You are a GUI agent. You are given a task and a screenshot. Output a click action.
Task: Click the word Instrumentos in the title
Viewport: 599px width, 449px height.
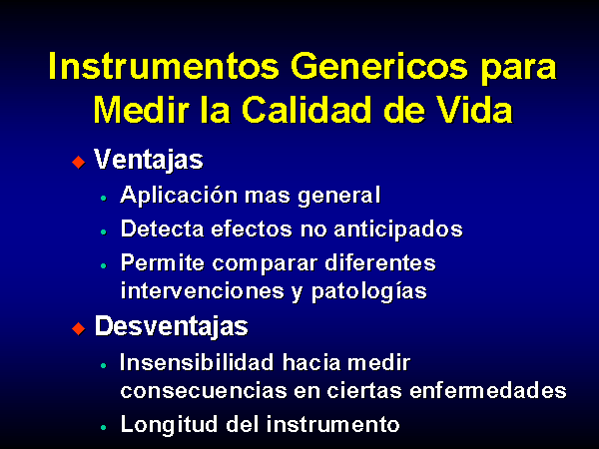(x=165, y=66)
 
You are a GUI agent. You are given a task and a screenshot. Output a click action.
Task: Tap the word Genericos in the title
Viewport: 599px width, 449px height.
(x=379, y=66)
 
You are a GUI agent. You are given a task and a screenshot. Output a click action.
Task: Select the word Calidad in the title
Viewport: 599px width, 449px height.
(x=306, y=109)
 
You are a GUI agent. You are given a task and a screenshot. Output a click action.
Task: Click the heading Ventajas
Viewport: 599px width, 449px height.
(x=149, y=160)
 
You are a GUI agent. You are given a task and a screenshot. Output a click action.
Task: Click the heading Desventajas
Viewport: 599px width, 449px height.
(x=171, y=326)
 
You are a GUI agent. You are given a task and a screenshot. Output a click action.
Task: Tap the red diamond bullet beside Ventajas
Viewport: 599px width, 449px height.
(x=78, y=162)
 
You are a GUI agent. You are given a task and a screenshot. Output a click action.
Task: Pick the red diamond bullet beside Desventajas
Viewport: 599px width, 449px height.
(x=78, y=328)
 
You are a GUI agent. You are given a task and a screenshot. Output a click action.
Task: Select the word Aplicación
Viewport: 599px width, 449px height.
(x=179, y=196)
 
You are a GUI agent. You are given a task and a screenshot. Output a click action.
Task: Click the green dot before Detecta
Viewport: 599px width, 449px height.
(x=103, y=231)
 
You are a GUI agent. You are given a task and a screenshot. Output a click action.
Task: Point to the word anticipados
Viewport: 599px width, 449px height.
(x=398, y=229)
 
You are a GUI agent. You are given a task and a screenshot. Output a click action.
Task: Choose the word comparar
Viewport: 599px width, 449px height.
(x=265, y=263)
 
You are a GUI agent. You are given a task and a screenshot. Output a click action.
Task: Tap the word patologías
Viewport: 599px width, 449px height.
(x=369, y=291)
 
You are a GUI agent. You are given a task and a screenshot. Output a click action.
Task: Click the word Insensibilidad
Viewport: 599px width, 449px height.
(x=197, y=362)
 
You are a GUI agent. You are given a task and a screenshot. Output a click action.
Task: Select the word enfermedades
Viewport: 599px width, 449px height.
(x=488, y=390)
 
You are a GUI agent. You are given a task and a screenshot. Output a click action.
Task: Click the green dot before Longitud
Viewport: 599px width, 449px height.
(x=103, y=427)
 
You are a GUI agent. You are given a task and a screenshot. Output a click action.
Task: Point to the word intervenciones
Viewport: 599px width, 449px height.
(x=203, y=291)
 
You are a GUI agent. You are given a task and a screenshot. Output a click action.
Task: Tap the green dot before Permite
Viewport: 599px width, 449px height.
(x=103, y=265)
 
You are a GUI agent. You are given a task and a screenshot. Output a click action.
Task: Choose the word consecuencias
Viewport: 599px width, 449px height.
(x=204, y=391)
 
